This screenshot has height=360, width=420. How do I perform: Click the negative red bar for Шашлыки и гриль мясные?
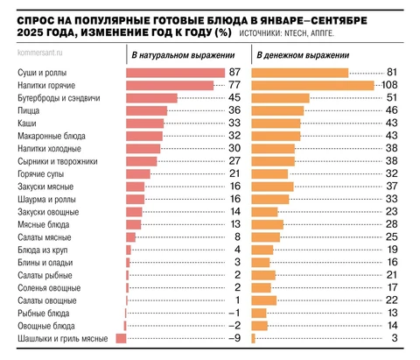(122, 338)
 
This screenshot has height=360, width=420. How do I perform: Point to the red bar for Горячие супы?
(139, 174)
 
